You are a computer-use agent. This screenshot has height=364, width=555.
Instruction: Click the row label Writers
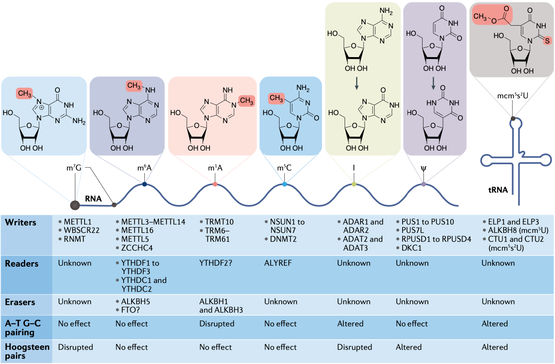coord(20,222)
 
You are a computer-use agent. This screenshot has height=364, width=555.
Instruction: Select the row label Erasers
coord(20,302)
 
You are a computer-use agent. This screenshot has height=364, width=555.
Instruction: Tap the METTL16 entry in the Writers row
coord(137,230)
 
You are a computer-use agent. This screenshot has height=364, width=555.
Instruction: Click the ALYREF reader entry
coord(278,263)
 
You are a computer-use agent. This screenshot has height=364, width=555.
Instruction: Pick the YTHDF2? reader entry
coord(216,263)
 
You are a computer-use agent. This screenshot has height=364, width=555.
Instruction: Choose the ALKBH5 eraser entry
coord(136,302)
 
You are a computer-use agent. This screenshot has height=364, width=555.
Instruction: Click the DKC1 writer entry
coord(411,248)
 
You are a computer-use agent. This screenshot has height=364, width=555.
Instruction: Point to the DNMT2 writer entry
coord(283,239)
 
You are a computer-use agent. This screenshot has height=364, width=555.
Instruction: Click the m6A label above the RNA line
coord(144,168)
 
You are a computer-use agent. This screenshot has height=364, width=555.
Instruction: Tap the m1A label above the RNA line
coord(215,168)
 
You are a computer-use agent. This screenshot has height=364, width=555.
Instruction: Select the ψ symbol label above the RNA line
coord(423,169)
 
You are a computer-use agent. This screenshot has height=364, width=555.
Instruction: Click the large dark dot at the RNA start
coord(75,205)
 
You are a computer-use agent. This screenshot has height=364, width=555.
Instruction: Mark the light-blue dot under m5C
coord(284,184)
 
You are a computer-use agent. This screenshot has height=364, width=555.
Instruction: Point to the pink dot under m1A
coord(215,184)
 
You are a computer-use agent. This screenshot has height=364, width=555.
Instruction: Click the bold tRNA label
coord(498,190)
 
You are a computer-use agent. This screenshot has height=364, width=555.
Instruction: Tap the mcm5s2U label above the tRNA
coord(512,96)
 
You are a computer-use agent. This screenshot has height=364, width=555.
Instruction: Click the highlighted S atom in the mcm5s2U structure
coord(547,41)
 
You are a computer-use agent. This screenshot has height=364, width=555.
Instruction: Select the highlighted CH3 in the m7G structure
coord(24,93)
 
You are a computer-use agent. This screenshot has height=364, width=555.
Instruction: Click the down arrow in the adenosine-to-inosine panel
coord(357,83)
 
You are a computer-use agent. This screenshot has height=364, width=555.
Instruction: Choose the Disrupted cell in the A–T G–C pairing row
coord(217,324)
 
